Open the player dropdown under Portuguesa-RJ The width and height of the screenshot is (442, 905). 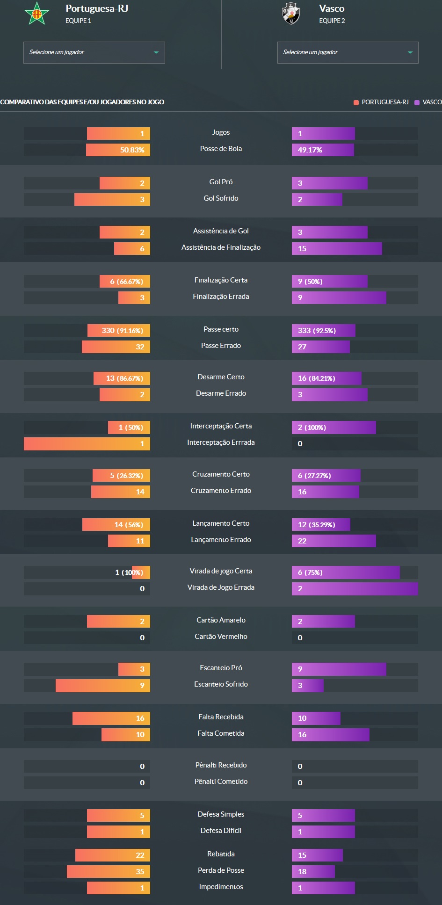94,52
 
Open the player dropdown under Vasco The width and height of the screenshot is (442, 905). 348,52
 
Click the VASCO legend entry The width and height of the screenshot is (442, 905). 428,102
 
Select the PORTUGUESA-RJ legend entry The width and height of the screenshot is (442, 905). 381,102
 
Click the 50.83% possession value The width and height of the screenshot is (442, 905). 132,150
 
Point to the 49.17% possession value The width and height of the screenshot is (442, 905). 310,150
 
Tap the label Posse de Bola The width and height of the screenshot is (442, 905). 221,149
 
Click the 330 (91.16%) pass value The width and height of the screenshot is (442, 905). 122,331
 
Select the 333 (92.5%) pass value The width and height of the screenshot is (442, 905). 317,331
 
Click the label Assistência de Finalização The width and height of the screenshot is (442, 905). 221,247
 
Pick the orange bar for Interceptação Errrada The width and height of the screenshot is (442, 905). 87,444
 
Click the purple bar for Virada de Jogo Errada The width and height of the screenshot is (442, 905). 355,589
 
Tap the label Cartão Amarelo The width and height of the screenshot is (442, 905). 221,620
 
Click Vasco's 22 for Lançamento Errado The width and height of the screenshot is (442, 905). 302,541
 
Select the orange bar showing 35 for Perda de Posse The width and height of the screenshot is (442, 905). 109,872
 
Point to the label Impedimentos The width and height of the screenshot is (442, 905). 221,887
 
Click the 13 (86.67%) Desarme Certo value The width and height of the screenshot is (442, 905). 124,378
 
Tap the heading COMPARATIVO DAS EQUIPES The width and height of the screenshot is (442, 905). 82,102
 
